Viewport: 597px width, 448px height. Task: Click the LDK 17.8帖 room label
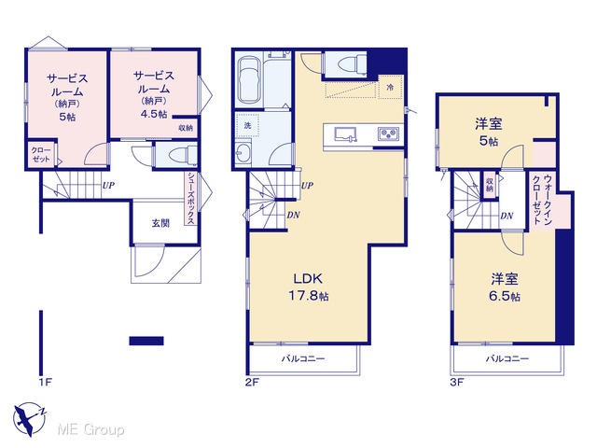pos(309,287)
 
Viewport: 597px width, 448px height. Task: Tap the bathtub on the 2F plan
pos(248,81)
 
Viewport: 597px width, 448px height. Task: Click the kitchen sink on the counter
pos(346,134)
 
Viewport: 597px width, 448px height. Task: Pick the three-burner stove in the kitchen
pos(388,133)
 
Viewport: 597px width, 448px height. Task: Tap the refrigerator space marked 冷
pos(390,87)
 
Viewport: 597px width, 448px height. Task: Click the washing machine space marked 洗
pos(247,125)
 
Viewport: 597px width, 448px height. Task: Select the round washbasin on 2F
pos(243,153)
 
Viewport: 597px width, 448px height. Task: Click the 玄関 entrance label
pos(160,223)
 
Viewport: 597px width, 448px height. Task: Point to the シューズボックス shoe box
pos(190,198)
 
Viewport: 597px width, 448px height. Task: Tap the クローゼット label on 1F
pos(41,154)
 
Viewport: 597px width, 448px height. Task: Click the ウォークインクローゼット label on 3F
pos(542,199)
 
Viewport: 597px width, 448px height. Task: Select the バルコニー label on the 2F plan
pos(303,358)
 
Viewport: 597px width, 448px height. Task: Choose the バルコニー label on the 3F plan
pos(507,358)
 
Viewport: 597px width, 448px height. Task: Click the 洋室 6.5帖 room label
pos(505,287)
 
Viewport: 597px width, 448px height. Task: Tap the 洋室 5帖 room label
pos(489,132)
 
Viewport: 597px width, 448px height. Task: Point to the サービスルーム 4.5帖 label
pos(154,94)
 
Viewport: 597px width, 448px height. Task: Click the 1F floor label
pos(45,382)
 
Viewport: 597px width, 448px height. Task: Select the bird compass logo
pos(29,419)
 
